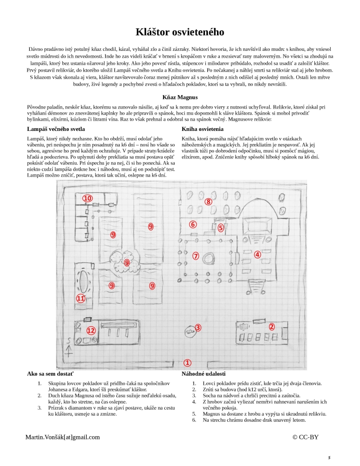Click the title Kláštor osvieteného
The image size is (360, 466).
(x=180, y=32)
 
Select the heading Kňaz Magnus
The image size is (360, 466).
(x=180, y=97)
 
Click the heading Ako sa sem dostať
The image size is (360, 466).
(x=51, y=374)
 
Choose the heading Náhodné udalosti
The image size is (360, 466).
(x=204, y=374)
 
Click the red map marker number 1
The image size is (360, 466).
(x=187, y=363)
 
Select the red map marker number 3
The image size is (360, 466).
(x=198, y=328)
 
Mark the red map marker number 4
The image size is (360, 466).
(x=257, y=255)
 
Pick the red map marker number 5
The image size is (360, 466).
(x=221, y=227)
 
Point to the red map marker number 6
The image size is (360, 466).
(x=193, y=224)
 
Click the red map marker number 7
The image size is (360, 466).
(x=196, y=256)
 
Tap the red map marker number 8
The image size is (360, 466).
(x=209, y=202)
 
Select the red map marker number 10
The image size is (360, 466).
(x=88, y=198)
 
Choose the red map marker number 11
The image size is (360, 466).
(x=81, y=298)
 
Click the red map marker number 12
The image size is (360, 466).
(x=91, y=330)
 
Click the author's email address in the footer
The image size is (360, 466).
(x=62, y=437)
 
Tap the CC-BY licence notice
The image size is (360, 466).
(x=306, y=437)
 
